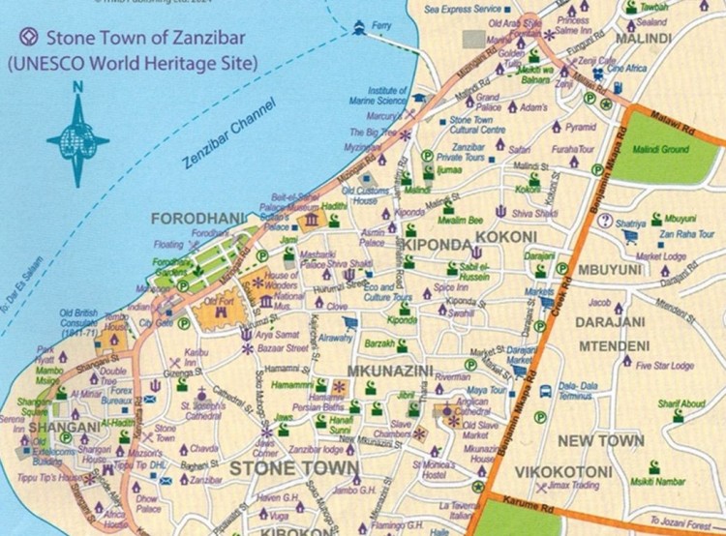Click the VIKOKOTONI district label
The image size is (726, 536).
562,472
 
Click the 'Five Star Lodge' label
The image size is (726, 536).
665,366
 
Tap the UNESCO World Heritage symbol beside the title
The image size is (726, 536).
27,39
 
